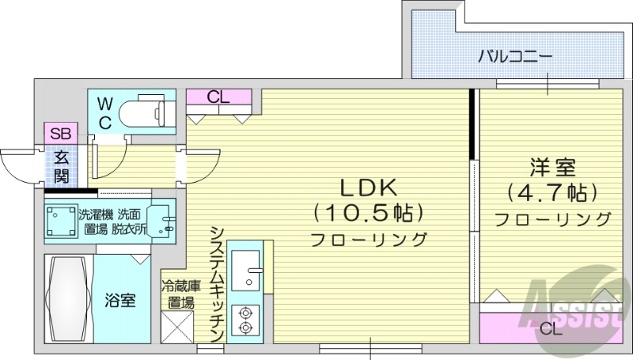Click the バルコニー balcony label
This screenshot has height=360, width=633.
(514, 57)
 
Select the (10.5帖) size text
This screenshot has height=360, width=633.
(369, 213)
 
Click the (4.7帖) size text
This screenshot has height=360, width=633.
(552, 192)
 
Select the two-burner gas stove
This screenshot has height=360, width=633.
(244, 320)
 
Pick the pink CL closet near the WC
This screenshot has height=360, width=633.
(219, 98)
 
